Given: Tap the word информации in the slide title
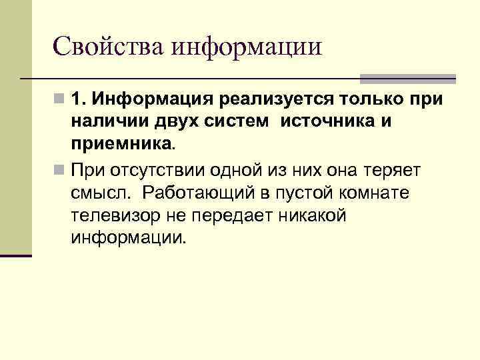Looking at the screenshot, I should (x=246, y=46).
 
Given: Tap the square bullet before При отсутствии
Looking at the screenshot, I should (x=60, y=169).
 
